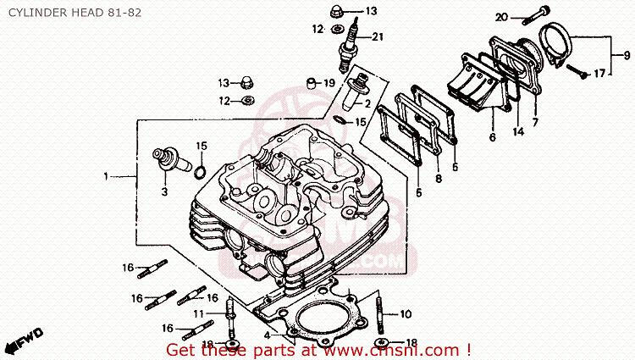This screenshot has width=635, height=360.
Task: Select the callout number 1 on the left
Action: point(106,176)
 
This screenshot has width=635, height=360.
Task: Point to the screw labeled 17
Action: point(577,71)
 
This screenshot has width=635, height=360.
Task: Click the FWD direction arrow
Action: point(25,340)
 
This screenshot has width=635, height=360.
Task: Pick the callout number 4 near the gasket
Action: point(267,335)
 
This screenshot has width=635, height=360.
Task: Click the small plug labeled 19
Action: point(311,83)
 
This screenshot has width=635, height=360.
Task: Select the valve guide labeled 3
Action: point(171,161)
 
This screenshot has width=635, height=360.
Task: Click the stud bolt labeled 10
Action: point(380,313)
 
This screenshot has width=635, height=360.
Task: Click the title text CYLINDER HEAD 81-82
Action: point(75,13)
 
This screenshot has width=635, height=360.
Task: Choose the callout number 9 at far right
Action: point(627,55)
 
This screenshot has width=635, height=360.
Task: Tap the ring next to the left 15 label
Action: point(200,172)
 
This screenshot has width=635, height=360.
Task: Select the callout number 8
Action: point(439,178)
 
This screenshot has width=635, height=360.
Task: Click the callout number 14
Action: point(518,131)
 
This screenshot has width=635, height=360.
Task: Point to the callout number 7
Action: point(535,122)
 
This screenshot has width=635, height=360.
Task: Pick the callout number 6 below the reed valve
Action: point(493,137)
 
